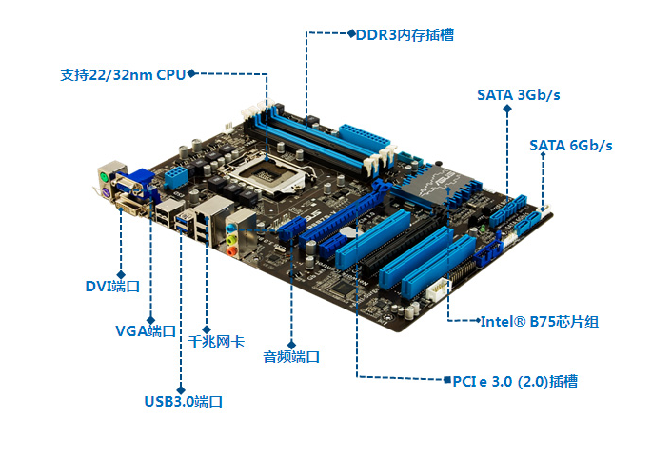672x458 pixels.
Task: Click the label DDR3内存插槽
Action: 405,34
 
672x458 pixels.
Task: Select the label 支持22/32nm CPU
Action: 123,74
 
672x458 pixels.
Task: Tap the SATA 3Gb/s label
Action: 519,95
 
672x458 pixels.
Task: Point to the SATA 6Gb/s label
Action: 571,146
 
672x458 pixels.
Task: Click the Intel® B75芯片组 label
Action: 540,321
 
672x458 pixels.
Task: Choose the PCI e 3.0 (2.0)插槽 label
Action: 515,381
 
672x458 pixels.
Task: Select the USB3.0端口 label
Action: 184,402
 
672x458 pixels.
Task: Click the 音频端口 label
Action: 291,356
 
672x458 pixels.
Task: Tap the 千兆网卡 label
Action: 216,341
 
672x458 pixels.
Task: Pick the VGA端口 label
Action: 146,330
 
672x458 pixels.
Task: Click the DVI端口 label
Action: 112,286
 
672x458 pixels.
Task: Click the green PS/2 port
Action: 104,176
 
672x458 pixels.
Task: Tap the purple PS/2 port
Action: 105,193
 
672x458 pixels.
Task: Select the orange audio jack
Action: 231,250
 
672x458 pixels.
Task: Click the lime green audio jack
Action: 230,238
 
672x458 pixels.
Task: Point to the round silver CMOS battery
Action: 347,232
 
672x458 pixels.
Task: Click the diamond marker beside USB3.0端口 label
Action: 181,389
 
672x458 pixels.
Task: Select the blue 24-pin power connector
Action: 365,137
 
